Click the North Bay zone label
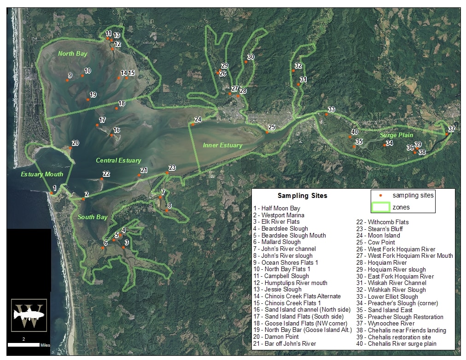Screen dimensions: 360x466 pos(72,54)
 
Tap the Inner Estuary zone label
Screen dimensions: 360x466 pos(222,145)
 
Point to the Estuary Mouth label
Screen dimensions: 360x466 pos(42,174)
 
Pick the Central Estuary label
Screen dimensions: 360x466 pos(118,160)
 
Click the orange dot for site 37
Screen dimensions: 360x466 pos(447,134)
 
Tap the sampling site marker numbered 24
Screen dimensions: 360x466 pos(193,124)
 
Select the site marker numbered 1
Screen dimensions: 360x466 pos(51,193)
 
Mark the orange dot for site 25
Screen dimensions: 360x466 pos(267,132)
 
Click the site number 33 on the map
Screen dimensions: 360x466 pos(332,110)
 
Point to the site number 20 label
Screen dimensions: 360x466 pos(75,143)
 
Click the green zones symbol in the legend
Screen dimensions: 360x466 pos(380,207)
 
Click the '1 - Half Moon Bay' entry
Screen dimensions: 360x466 pos(276,209)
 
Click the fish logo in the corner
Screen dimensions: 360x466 pos(29,315)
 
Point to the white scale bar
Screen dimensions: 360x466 pos(23,344)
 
